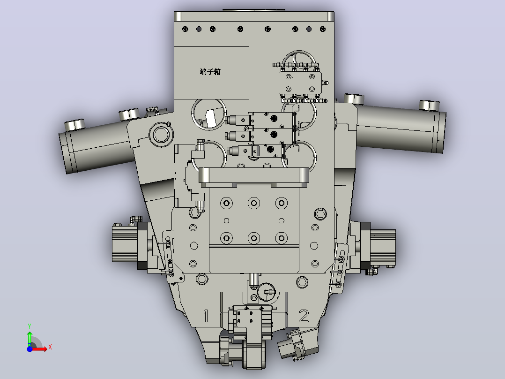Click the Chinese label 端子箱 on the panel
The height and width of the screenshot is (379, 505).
coord(210,72)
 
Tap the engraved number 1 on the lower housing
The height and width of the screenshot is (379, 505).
coord(206,316)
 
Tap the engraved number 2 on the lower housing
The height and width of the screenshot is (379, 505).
coord(304,316)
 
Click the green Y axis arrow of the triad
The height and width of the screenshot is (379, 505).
coord(30,335)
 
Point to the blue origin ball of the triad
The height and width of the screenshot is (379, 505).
coord(30,349)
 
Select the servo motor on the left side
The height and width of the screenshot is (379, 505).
coord(125,243)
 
